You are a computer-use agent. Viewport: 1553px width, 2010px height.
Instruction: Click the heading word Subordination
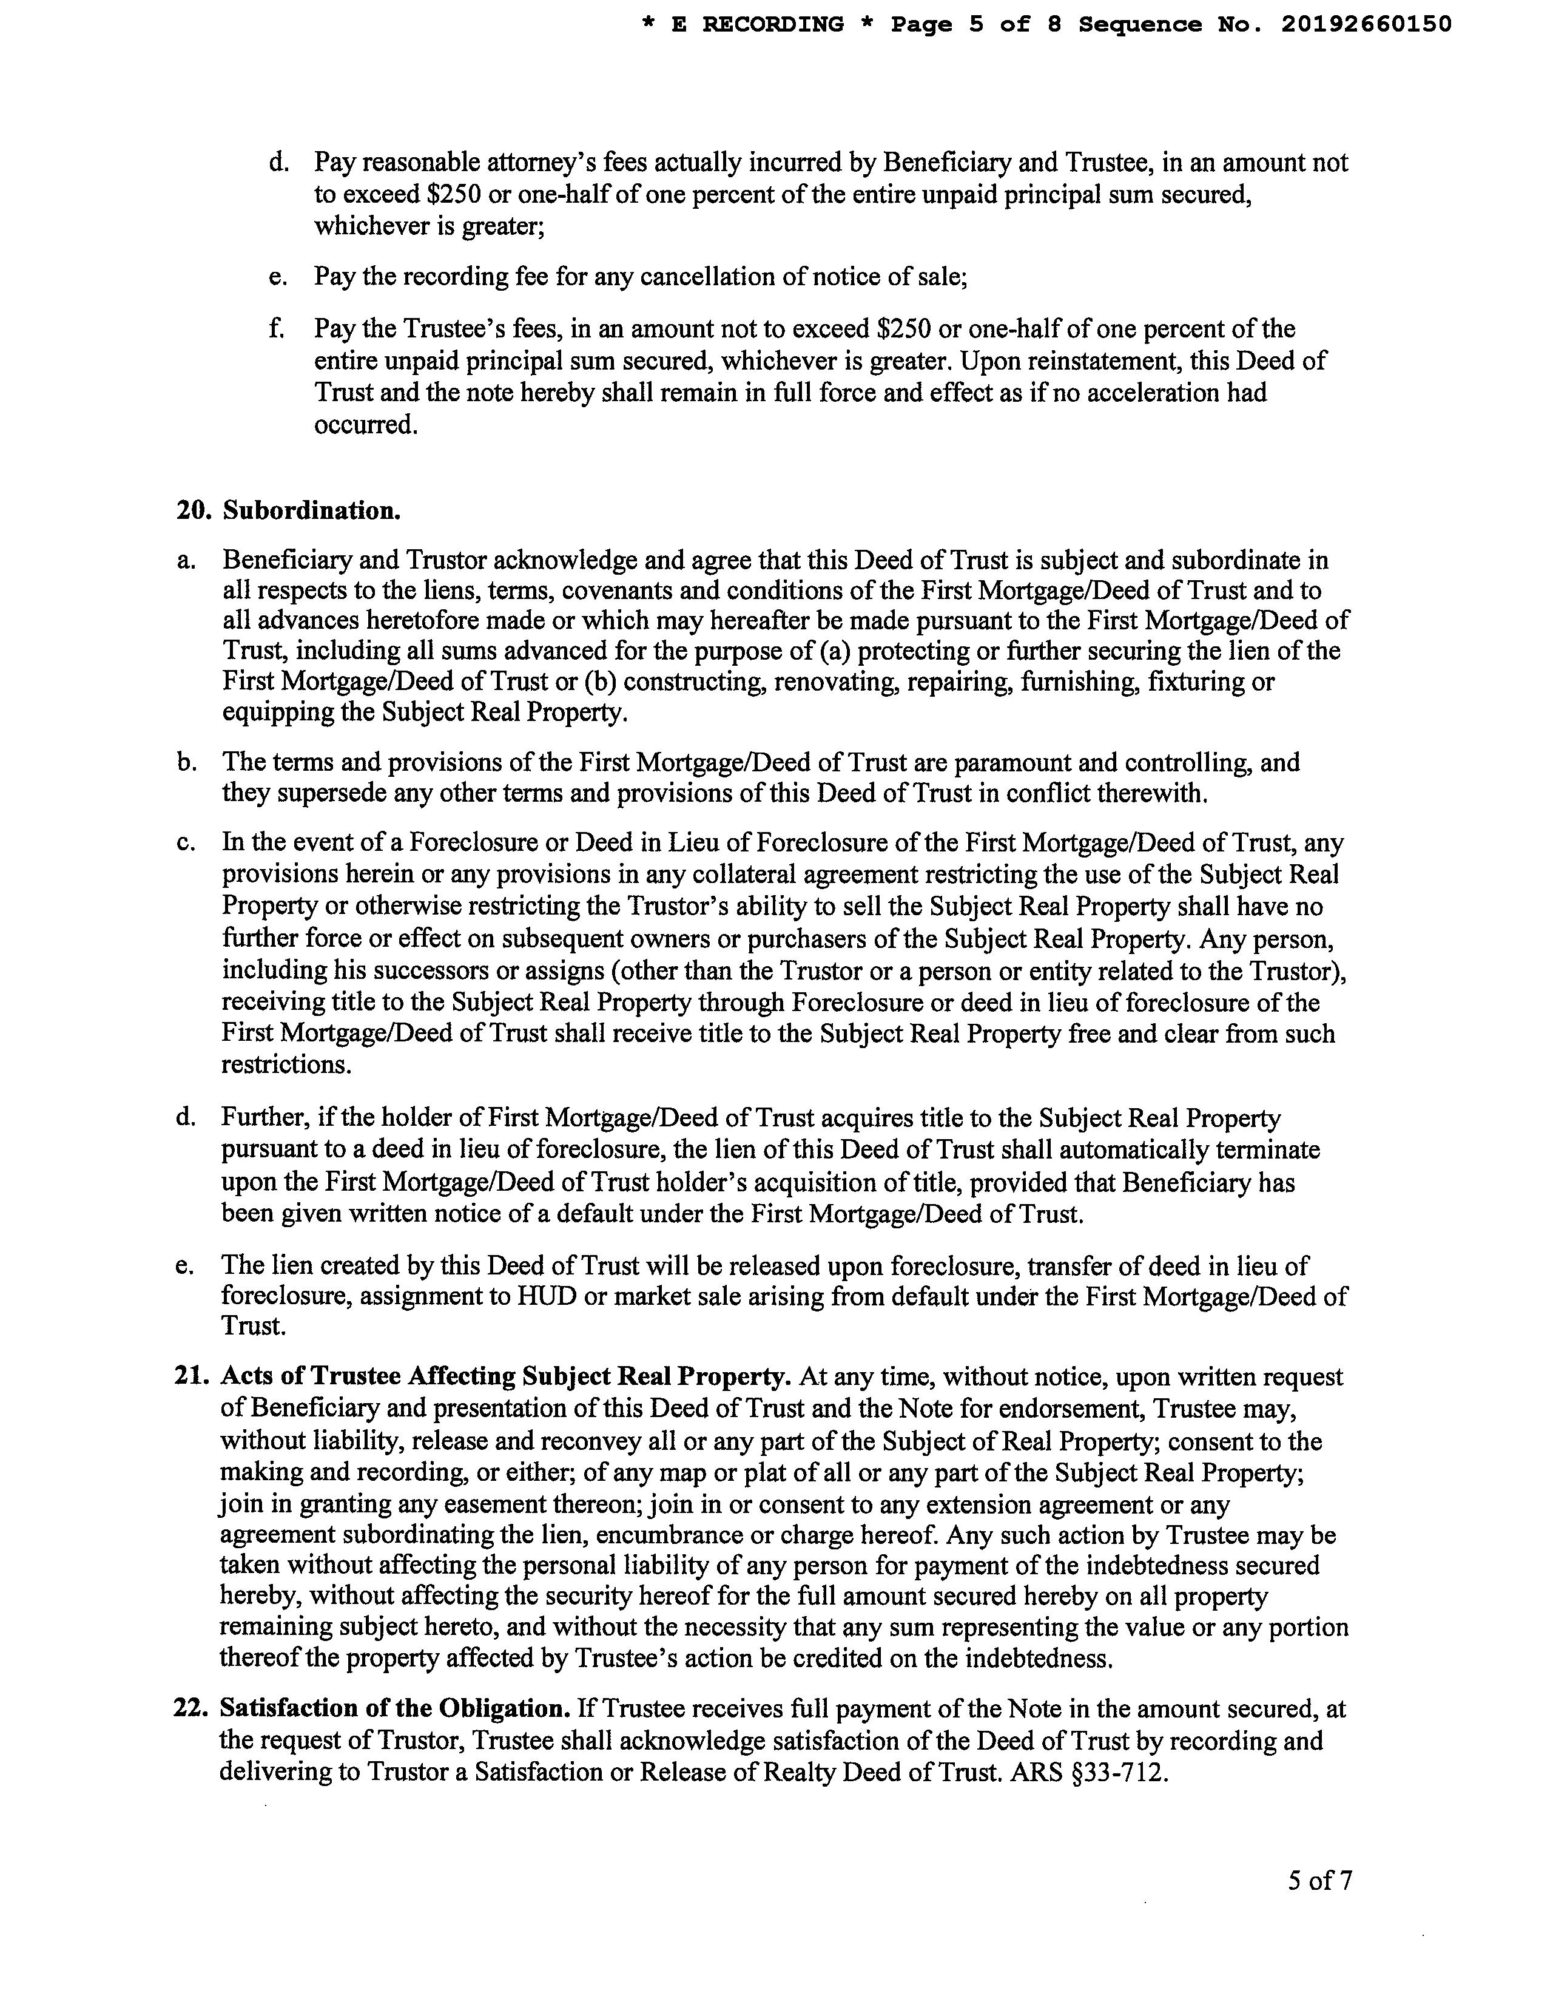312,511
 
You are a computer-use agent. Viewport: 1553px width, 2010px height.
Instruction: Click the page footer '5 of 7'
1319,1880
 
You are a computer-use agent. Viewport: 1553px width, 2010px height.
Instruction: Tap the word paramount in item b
998,762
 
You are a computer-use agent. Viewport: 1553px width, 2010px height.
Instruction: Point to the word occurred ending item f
365,425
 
